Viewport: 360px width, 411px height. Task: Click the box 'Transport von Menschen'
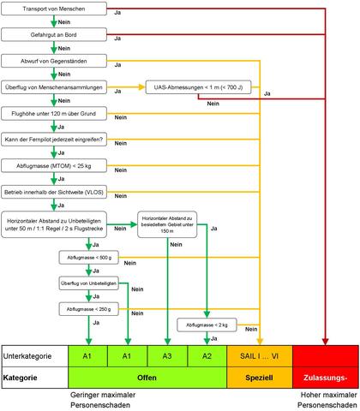pyautogui.click(x=57, y=9)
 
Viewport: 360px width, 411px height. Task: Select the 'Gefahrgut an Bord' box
pyautogui.click(x=57, y=35)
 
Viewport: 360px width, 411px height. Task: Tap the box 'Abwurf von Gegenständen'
pyautogui.click(x=57, y=62)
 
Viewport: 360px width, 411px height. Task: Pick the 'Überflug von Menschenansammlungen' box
pyautogui.click(x=57, y=87)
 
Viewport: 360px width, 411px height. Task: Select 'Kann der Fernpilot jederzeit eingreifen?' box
pyautogui.click(x=57, y=139)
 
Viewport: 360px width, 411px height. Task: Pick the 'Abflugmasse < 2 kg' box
pyautogui.click(x=206, y=325)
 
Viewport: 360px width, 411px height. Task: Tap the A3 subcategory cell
pyautogui.click(x=167, y=354)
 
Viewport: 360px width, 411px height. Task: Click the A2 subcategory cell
pyautogui.click(x=207, y=354)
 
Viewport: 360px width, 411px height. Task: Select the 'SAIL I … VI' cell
pyautogui.click(x=259, y=354)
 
